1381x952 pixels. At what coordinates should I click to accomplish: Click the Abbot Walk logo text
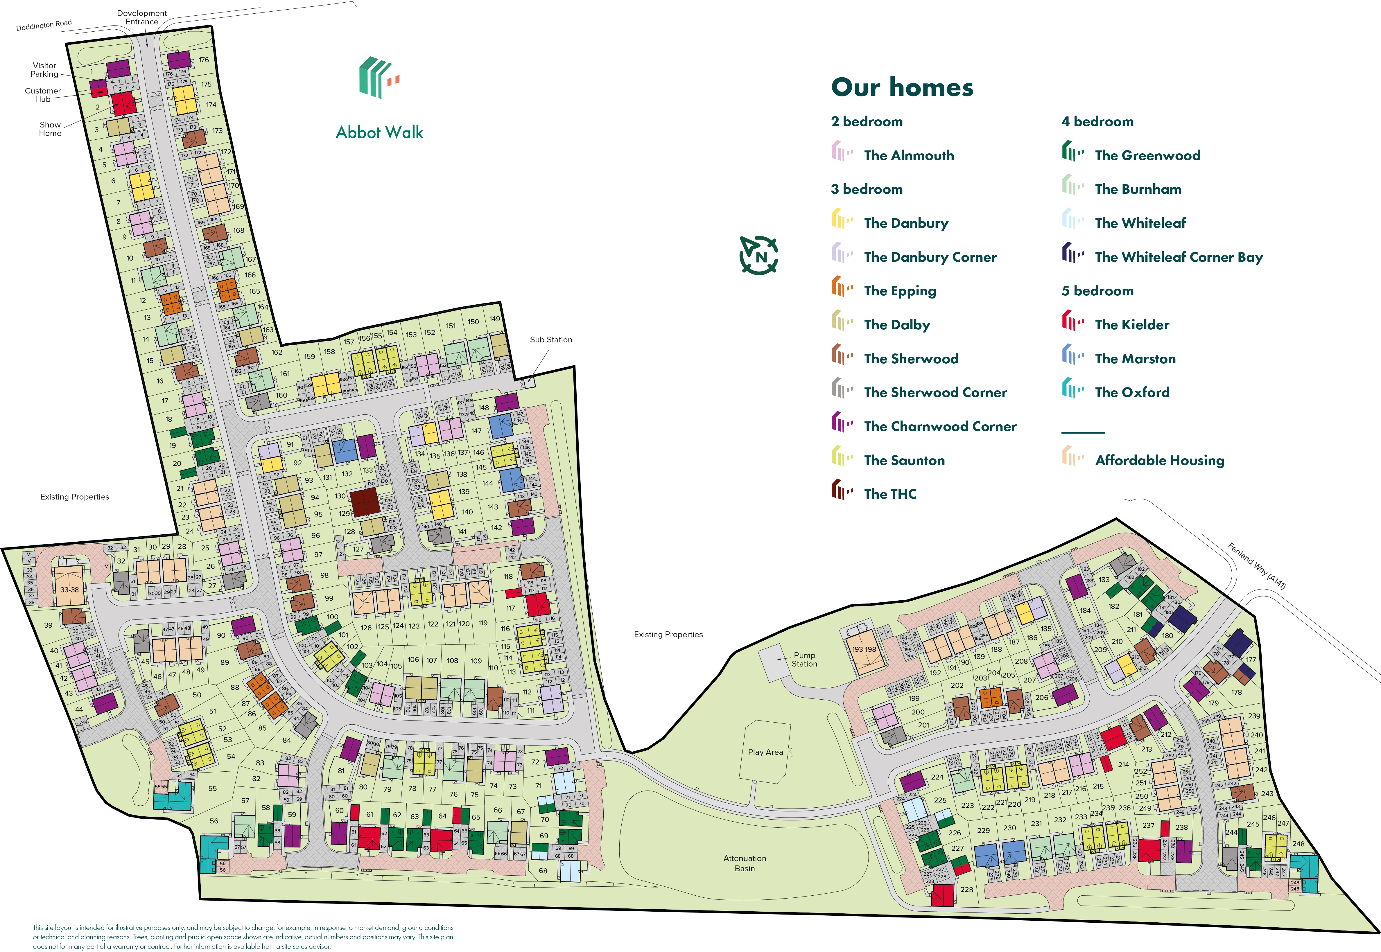click(379, 132)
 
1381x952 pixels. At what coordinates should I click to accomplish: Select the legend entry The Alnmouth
click(909, 155)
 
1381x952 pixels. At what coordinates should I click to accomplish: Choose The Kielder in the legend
click(1132, 324)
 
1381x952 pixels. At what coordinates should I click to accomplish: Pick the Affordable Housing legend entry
click(1159, 460)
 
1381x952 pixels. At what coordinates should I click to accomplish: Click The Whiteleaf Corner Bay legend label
click(1178, 257)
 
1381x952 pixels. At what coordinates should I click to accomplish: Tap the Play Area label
click(765, 752)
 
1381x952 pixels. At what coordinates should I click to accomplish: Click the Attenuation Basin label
click(745, 863)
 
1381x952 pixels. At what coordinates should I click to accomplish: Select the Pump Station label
click(804, 659)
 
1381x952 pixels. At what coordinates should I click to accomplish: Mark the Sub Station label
click(550, 340)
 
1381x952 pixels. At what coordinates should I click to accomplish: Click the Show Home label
click(50, 129)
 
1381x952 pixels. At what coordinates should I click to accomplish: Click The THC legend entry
click(889, 494)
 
